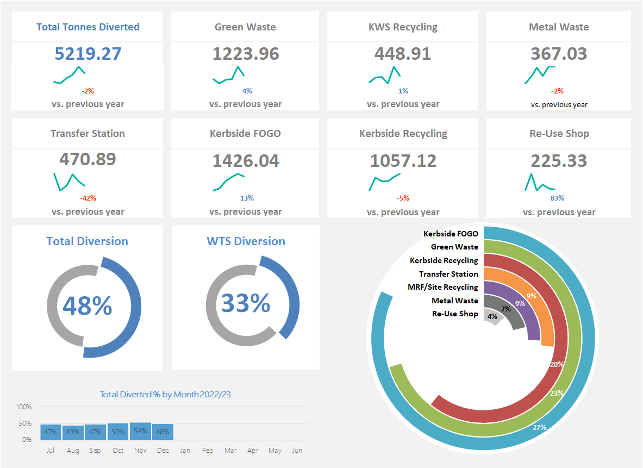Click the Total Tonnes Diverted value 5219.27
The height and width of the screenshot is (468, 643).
point(88,54)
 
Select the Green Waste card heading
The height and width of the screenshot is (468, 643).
point(245,27)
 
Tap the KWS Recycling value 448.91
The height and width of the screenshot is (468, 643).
point(403,54)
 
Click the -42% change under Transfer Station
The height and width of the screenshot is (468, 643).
point(88,198)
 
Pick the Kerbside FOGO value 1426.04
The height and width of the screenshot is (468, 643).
point(245,161)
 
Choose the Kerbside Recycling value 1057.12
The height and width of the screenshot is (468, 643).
point(403,161)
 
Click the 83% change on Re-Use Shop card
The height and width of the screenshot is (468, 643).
point(557,198)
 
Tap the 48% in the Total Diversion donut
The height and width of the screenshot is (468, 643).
point(88,305)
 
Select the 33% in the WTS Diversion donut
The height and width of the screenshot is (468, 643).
point(246,303)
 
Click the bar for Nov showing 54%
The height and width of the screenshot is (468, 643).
point(140,431)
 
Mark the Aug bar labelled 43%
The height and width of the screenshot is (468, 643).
point(73,432)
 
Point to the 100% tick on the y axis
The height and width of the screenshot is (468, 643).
point(24,407)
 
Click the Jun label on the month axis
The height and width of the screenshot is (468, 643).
point(297,451)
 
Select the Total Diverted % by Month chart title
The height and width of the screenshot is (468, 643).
point(165,395)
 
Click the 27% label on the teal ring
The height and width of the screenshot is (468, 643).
point(539,428)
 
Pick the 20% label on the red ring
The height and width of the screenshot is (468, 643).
point(556,365)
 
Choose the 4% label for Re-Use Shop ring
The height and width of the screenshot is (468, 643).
point(492,316)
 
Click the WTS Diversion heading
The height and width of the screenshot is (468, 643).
point(246,241)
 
